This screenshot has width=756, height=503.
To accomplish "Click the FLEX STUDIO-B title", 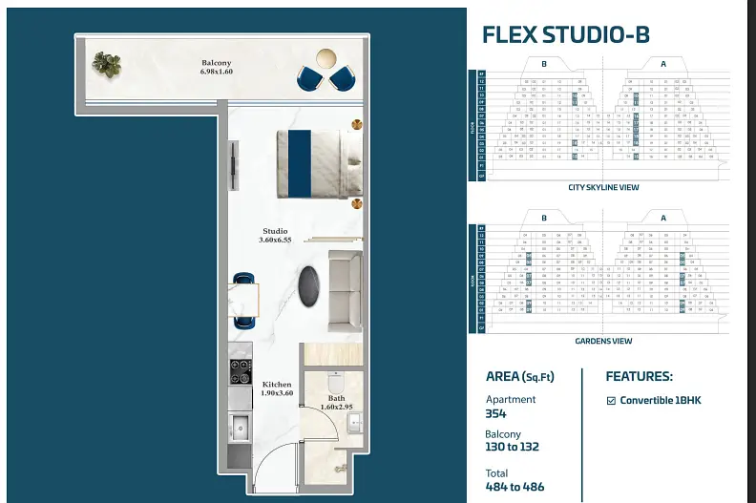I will click(566, 35).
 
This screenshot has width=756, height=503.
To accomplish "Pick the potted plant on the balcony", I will click(106, 65).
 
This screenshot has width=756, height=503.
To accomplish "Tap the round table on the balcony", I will click(326, 57).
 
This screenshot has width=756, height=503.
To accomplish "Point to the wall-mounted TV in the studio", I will click(232, 167).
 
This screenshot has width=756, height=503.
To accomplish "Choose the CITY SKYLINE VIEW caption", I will click(602, 188).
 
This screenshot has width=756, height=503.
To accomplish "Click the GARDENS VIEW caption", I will click(602, 341).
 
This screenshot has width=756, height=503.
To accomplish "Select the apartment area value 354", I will click(496, 414).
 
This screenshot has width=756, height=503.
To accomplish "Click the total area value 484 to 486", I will click(515, 488).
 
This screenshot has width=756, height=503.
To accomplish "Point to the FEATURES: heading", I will click(640, 376).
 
